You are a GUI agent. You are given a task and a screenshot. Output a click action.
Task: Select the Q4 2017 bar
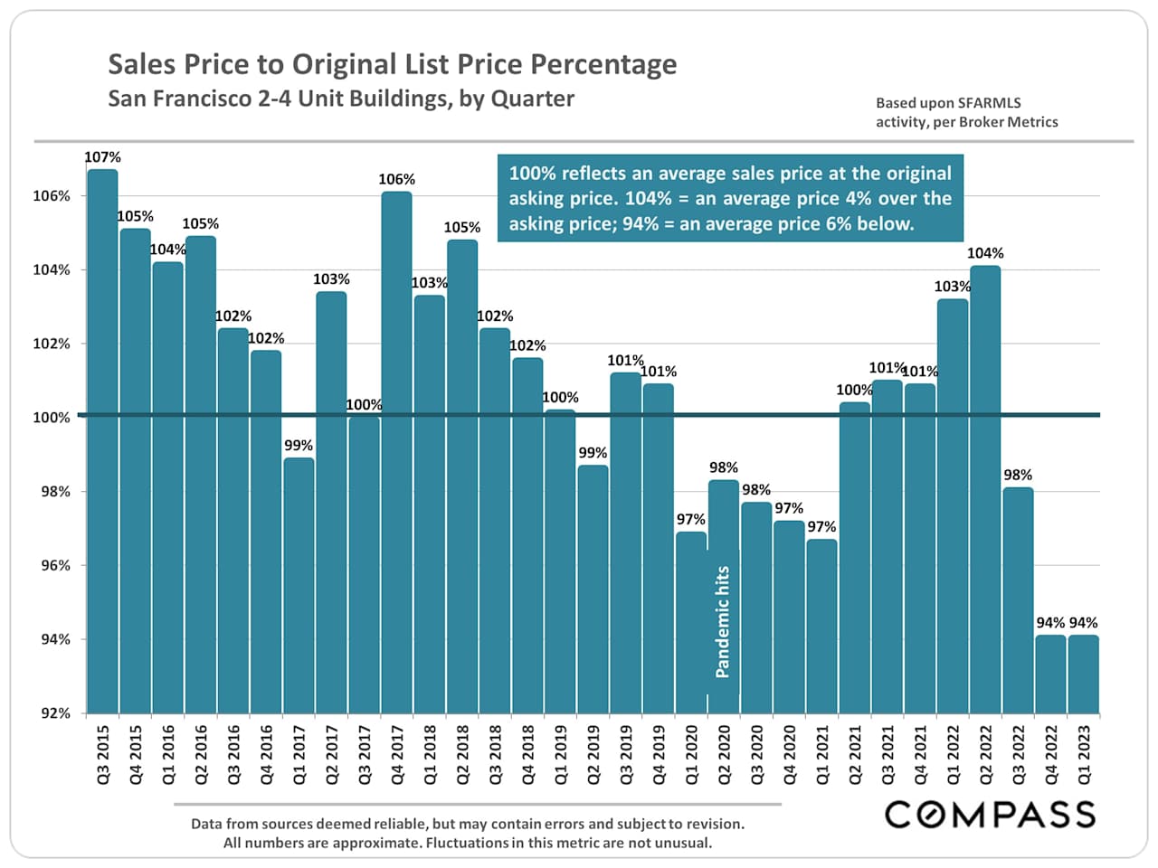(x=396, y=452)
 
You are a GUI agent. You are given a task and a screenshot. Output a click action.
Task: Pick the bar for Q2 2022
(x=985, y=488)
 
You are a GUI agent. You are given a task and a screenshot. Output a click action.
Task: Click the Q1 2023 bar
(x=1083, y=674)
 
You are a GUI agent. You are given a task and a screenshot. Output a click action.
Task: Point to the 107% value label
(x=102, y=157)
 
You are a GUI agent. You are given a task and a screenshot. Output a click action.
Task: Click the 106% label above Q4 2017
(x=396, y=180)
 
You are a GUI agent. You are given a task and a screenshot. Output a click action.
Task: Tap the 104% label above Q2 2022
(x=985, y=253)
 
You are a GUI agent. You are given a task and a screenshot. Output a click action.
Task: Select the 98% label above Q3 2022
(x=1018, y=475)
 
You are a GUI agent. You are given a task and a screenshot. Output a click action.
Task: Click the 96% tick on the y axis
(x=52, y=566)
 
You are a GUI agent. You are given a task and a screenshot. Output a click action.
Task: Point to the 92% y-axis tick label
(x=52, y=713)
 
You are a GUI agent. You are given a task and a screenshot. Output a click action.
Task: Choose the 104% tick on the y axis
(x=52, y=270)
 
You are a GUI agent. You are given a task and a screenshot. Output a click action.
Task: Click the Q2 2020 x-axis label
(x=724, y=753)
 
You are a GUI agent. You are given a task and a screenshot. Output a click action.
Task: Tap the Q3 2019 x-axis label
(x=625, y=753)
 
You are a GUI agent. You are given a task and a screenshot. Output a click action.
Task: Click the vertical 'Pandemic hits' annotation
(x=722, y=621)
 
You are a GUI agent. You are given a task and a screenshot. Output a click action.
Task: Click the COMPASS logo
(x=990, y=814)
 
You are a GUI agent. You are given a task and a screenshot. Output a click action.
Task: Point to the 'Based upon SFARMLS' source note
(x=948, y=103)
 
